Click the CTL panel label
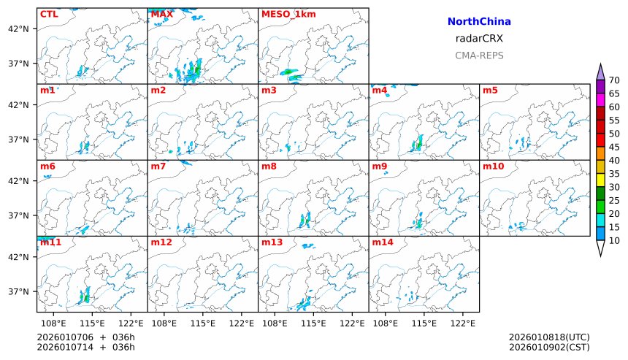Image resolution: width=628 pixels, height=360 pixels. point(50,14)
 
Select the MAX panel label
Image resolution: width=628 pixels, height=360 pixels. point(161,14)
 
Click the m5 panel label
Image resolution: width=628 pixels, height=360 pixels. point(489,91)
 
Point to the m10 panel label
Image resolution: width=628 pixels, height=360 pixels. point(493,166)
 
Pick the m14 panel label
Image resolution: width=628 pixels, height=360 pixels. point(383,242)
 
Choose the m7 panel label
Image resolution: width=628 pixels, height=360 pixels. point(159,166)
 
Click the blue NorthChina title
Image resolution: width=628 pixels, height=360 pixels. point(479,22)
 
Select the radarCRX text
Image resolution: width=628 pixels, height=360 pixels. point(479,39)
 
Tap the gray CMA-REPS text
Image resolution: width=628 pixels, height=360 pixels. point(479,55)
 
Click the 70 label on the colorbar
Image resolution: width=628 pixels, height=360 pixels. point(614,80)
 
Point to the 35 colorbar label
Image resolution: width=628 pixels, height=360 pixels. point(614,174)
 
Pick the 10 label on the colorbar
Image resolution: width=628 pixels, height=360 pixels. point(614,240)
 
